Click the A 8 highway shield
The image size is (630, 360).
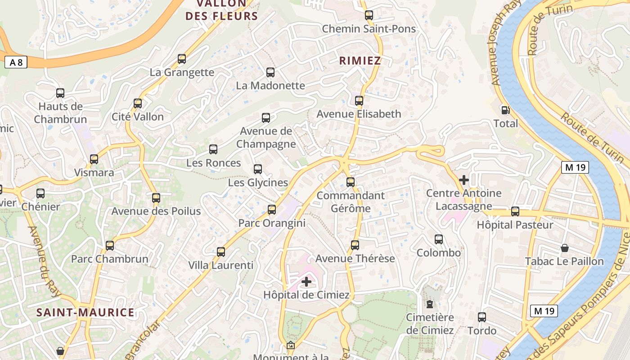coord(16,63)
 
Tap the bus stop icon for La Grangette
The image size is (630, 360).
coord(182,59)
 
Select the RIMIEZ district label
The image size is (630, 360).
coord(360,61)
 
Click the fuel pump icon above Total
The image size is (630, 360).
coord(505,110)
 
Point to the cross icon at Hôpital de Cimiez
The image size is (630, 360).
coord(306,282)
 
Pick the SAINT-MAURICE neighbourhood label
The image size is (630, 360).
coord(85,312)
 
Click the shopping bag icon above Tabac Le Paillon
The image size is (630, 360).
coord(564,248)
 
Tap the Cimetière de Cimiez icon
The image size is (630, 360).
coord(430,304)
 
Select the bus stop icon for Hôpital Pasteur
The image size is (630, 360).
coord(515,211)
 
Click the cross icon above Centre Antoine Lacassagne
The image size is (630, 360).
coord(464,180)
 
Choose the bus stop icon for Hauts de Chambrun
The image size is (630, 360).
coord(60,93)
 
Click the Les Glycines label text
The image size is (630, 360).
coord(258,183)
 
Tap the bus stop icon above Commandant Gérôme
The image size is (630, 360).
coord(351,182)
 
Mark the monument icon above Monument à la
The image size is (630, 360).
coord(291,346)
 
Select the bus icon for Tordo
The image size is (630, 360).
coord(482,317)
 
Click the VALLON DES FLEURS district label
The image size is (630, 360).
coord(222,10)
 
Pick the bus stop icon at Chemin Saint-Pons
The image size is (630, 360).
coord(369,15)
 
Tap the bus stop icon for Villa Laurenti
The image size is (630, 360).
coord(221,252)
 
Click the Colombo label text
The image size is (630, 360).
coord(439,252)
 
